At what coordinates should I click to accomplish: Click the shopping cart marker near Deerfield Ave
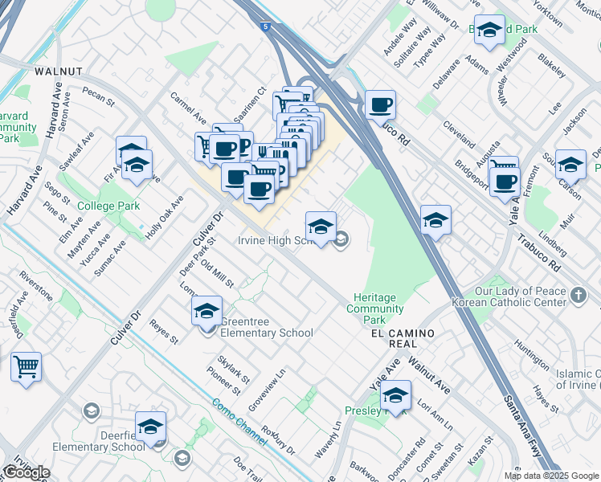click(x=26, y=367)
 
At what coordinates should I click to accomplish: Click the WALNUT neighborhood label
click(x=59, y=71)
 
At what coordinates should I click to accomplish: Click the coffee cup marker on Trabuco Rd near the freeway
click(x=380, y=104)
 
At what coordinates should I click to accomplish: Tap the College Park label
click(x=108, y=206)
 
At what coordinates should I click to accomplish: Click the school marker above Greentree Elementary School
click(x=206, y=310)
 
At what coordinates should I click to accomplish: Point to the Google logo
click(x=26, y=472)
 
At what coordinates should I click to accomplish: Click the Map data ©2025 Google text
click(x=550, y=476)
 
